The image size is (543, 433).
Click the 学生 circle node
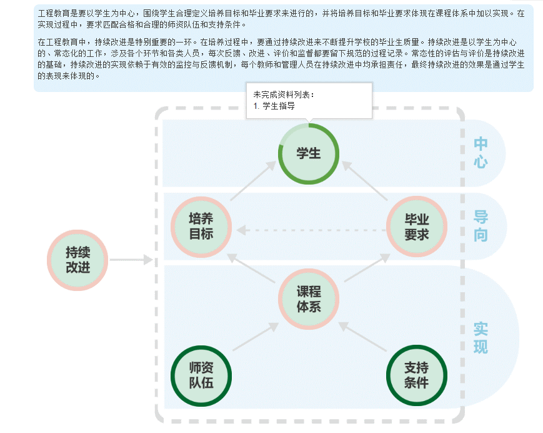308,153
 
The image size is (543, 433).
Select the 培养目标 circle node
201,227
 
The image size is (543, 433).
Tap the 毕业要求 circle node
416,227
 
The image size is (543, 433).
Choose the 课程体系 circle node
308,300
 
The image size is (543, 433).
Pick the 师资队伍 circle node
201,375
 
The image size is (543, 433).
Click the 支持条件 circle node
416,375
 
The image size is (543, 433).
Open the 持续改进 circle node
78,260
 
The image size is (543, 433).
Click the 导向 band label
481,227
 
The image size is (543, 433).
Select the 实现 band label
481,338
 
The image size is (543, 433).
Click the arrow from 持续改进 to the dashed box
131,260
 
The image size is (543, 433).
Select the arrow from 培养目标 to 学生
253,181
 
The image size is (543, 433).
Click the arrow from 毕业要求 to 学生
365,181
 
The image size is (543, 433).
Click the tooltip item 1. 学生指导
274,106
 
